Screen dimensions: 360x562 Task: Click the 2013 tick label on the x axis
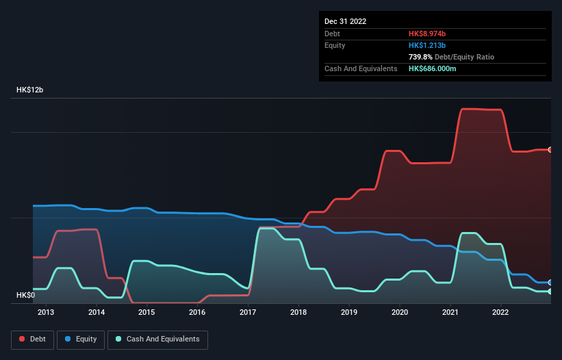pos(46,313)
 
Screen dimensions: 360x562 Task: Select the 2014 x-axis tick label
pos(97,313)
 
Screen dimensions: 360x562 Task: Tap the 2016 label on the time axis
pos(197,313)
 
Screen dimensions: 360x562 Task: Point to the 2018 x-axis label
pos(298,313)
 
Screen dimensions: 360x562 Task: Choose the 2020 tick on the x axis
pos(400,313)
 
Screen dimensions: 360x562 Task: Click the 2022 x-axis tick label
pos(500,313)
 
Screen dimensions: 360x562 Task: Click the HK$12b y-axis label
pos(29,90)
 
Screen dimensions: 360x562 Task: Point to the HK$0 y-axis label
pos(25,295)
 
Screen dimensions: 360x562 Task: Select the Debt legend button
pos(32,339)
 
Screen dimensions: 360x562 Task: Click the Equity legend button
pos(81,339)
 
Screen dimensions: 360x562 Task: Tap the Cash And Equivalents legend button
pos(157,339)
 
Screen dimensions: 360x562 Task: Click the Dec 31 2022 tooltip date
pos(345,21)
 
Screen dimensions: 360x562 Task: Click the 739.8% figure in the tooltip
pos(422,57)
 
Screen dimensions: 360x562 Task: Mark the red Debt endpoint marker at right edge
pos(550,150)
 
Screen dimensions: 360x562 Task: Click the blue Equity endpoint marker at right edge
pos(550,282)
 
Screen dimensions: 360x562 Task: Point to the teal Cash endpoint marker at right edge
pos(550,292)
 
